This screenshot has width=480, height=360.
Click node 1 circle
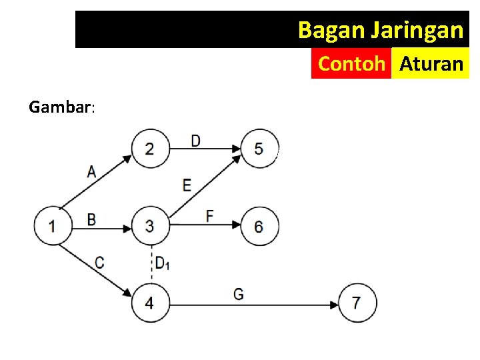(x=53, y=226)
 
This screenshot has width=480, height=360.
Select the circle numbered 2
(x=150, y=148)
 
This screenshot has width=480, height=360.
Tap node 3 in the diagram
(x=150, y=226)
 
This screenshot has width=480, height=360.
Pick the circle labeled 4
(x=150, y=303)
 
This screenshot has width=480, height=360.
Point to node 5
(x=259, y=148)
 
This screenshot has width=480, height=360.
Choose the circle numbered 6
(x=259, y=226)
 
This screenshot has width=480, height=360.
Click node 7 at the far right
(x=357, y=303)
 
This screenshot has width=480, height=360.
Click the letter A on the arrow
(x=91, y=171)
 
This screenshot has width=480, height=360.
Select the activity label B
(x=91, y=219)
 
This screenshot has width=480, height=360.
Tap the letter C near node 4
(x=99, y=263)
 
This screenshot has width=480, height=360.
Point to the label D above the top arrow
(x=195, y=141)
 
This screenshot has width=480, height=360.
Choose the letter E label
(x=187, y=185)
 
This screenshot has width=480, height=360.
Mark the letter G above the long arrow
(x=238, y=293)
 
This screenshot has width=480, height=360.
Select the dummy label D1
(x=162, y=263)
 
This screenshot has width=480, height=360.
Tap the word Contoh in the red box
(x=351, y=64)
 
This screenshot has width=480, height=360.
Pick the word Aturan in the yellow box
(x=431, y=64)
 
